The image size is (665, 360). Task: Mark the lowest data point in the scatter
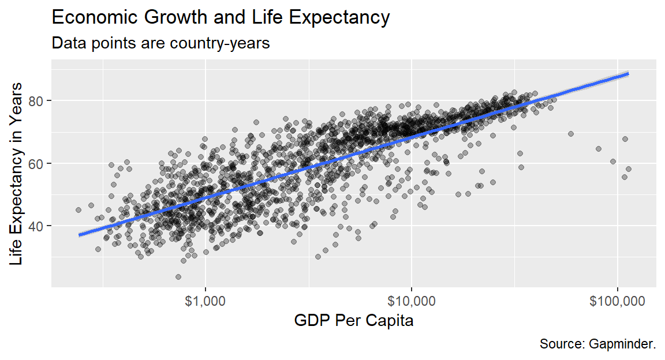[x=178, y=277]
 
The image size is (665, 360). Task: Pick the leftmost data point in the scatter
[x=79, y=210]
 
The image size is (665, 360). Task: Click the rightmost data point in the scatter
[x=629, y=169]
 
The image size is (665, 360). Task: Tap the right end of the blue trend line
[x=628, y=74]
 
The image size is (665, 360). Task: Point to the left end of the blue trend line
[x=80, y=235]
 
